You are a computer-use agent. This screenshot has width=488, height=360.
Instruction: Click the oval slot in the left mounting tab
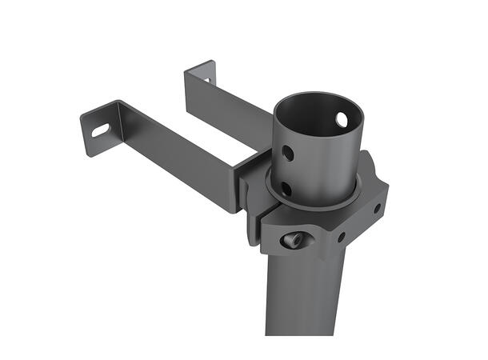coord(101,129)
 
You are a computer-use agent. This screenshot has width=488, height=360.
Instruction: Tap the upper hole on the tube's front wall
coord(286,152)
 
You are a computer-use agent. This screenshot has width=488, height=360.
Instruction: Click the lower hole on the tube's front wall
coord(286,189)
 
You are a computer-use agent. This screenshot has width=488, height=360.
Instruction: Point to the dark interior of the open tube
coord(316,120)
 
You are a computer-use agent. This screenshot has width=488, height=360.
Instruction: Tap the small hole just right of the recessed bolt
coord(342,237)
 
